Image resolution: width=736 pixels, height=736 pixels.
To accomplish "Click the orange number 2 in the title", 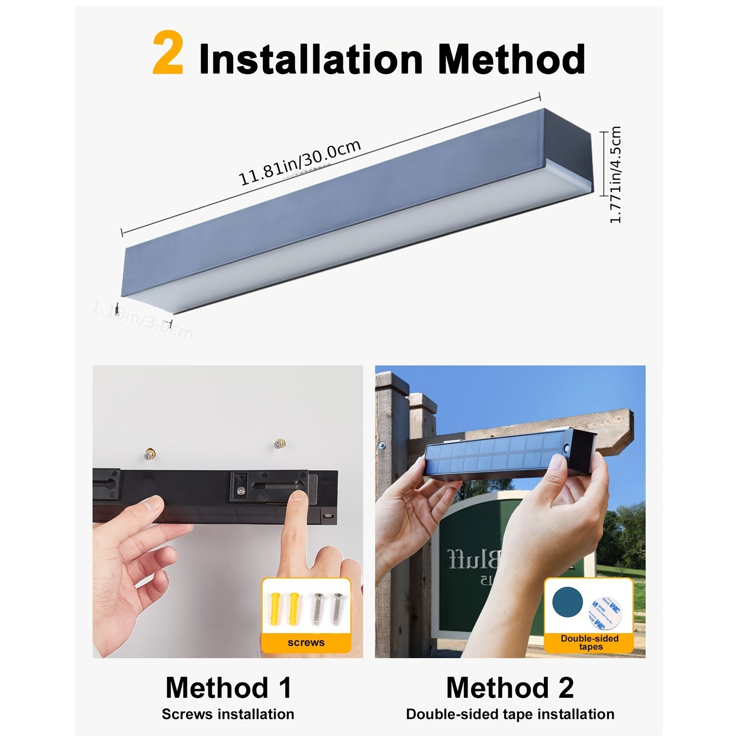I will pyautogui.click(x=168, y=53).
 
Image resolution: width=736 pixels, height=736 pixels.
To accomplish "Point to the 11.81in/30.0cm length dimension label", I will pyautogui.click(x=300, y=162).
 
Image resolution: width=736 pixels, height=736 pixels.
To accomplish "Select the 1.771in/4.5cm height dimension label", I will pyautogui.click(x=615, y=175).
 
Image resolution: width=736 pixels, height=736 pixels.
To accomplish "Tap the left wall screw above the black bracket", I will pyautogui.click(x=149, y=453).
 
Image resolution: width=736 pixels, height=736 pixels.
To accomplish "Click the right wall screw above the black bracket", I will pyautogui.click(x=278, y=444).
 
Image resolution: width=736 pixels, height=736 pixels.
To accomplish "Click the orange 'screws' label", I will pyautogui.click(x=306, y=643).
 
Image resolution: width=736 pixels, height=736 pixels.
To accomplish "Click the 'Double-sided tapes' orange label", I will pyautogui.click(x=589, y=643).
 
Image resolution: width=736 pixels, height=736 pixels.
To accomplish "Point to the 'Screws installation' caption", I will pyautogui.click(x=228, y=714).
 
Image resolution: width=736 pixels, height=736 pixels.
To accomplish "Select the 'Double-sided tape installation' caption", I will pyautogui.click(x=510, y=714).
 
